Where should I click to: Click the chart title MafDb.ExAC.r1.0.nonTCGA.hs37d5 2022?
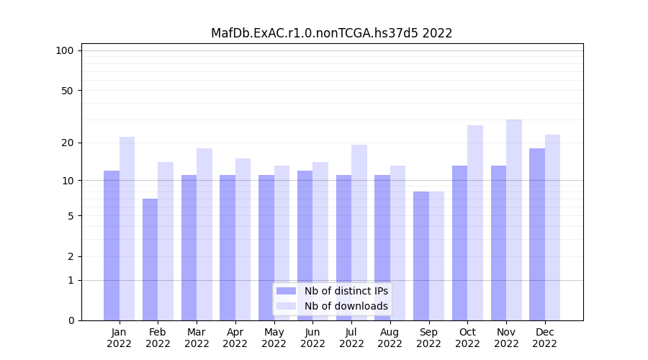331,33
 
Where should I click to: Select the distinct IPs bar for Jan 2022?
112,245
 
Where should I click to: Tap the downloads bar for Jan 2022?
127,228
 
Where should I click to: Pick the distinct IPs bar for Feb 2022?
150,259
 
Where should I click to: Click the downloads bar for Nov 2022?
514,220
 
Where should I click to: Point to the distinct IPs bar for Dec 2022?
537,234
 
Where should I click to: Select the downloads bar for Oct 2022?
475,222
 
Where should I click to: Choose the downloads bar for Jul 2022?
359,233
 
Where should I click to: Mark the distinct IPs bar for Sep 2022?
421,256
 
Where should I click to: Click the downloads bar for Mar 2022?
204,234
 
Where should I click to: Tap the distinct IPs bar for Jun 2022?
305,245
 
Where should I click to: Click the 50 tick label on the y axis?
68,91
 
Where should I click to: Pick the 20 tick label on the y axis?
68,143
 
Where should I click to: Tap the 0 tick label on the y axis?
71,320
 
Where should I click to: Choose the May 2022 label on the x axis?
274,338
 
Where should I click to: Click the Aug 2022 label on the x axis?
390,338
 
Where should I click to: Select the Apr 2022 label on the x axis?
235,338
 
